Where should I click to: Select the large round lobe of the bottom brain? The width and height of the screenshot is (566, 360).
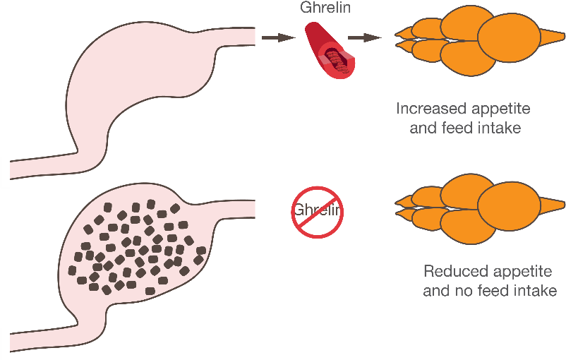point(507,206)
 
